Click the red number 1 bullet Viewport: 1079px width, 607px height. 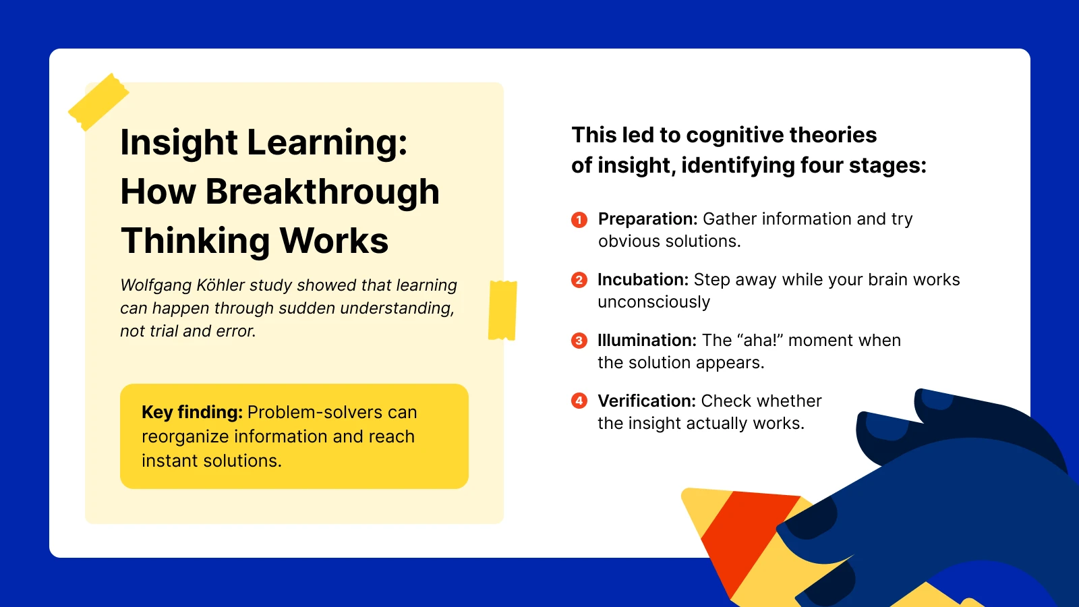(579, 219)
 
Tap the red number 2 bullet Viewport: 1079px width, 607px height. (579, 280)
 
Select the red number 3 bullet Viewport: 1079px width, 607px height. (579, 341)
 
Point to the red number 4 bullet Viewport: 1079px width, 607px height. (579, 401)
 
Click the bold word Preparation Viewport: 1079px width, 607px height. (647, 219)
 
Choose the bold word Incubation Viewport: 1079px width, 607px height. (642, 280)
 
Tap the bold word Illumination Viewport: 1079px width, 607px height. (646, 341)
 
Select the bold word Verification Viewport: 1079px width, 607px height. (646, 401)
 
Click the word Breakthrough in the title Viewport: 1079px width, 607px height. (322, 192)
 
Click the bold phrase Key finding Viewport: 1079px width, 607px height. (192, 412)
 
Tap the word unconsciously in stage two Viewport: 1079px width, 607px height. (653, 302)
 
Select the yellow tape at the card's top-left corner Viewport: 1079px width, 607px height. (98, 102)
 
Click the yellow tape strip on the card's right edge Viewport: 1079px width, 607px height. (502, 310)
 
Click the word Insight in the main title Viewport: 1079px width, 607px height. (179, 143)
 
